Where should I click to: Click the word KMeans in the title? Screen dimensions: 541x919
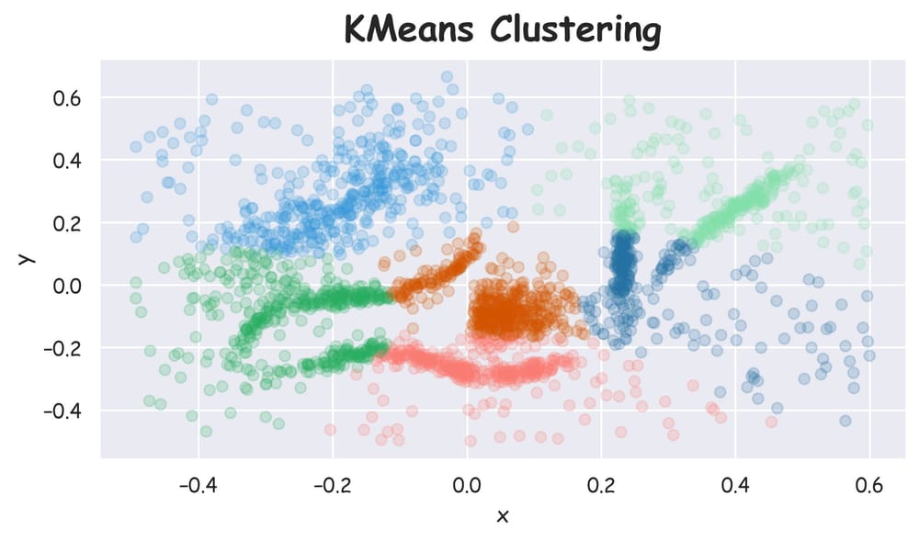(x=411, y=29)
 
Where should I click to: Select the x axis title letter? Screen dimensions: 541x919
(x=502, y=516)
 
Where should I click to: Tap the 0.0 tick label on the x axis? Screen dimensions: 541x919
(x=467, y=482)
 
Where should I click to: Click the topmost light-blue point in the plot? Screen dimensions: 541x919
(x=447, y=77)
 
